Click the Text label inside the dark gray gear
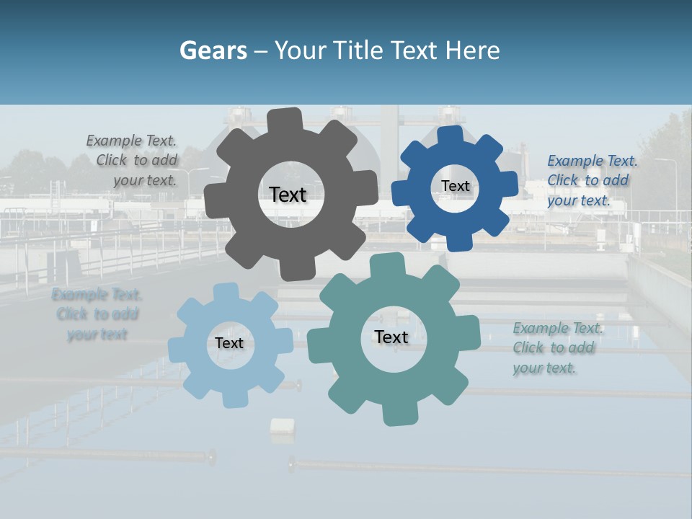288,195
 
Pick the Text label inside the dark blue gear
455,186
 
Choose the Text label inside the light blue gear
229,343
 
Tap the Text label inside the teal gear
391,337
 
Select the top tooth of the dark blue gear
451,136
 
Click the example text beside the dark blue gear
592,181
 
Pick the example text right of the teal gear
557,348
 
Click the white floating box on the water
282,426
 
